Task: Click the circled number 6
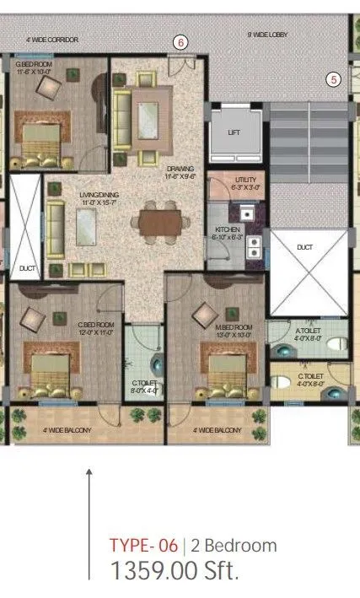180,40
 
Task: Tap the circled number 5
334,80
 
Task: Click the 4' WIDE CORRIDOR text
52,40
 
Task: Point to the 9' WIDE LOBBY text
267,35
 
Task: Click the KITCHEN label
228,229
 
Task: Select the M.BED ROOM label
234,326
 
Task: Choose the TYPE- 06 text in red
143,546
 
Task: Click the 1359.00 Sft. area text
174,571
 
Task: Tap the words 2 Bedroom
234,546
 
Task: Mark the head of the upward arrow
89,471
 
